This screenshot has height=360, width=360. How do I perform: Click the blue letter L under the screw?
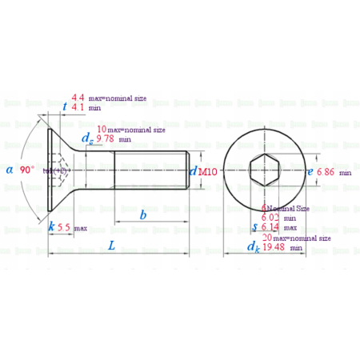(111, 246)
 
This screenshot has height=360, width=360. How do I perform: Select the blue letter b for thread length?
(143, 215)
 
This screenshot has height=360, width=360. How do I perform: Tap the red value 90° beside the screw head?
(27, 170)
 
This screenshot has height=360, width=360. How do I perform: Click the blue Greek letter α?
(9, 170)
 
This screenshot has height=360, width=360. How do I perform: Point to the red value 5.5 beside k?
(64, 227)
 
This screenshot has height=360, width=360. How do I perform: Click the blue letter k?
(51, 227)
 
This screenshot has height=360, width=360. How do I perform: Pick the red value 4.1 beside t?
(78, 106)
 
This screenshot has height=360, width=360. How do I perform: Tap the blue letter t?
(64, 106)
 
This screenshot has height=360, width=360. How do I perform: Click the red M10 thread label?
(207, 171)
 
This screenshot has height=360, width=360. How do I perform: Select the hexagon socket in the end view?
(264, 170)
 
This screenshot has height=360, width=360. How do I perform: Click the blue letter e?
(310, 171)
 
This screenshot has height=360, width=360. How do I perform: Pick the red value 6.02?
(272, 217)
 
